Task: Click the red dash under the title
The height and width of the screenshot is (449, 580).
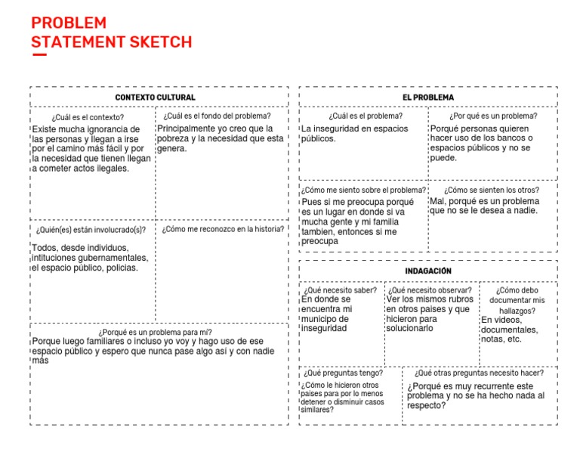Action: pos(39,54)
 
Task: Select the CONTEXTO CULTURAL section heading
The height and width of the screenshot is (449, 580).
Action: pos(155,98)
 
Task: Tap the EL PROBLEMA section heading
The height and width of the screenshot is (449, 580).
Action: pos(428,98)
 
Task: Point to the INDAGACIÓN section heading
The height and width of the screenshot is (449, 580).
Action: pos(428,271)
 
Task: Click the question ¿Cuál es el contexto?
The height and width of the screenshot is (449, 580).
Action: pos(88,117)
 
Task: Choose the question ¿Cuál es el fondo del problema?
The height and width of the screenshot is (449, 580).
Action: pos(217,116)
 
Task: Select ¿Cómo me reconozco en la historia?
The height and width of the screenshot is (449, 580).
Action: pos(223,229)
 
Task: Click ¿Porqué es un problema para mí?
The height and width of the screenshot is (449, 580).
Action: pos(155,332)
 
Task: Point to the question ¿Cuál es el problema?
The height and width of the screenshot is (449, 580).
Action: pos(366,116)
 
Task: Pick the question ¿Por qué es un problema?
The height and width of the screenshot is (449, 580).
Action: pos(493,116)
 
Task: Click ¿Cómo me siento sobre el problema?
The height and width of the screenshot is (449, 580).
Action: pos(364,190)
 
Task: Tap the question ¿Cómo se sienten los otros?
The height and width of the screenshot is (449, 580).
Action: pos(492,190)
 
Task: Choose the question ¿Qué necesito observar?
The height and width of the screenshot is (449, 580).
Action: pos(430,290)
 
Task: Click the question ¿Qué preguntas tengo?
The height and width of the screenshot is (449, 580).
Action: pos(343,373)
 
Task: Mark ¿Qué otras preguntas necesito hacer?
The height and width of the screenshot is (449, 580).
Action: pos(479,373)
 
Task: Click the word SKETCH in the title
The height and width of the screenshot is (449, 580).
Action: pos(159,42)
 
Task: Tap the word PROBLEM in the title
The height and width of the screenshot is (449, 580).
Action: pos(69,23)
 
